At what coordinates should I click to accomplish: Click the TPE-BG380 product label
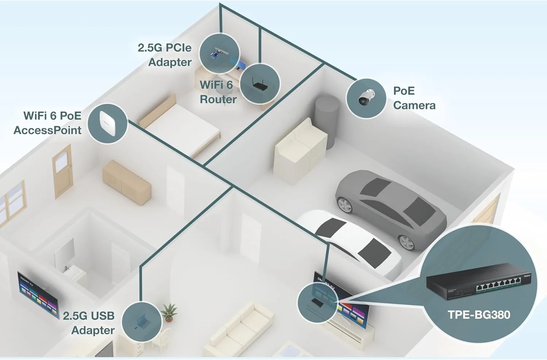click(478, 315)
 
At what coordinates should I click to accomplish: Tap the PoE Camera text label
click(414, 98)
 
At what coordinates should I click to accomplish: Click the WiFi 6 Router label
click(218, 92)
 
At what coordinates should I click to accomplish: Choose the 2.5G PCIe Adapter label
click(165, 55)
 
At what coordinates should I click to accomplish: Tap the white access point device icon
click(108, 122)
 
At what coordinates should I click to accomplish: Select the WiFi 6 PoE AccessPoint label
click(48, 123)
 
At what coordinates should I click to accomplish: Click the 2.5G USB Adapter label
click(89, 323)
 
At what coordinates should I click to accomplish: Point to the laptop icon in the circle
click(141, 322)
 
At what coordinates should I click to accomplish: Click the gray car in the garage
click(390, 208)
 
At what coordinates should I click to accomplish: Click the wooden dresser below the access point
click(126, 182)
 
